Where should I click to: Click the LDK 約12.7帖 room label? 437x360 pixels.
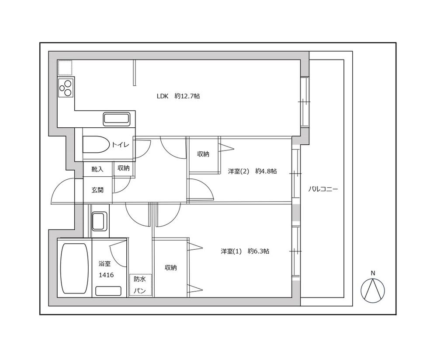click(178, 96)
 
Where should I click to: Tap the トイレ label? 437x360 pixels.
click(120, 145)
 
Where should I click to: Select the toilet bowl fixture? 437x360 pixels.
click(95, 145)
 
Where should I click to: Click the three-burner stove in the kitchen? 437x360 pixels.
click(66, 87)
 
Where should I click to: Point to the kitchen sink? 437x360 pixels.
click(116, 118)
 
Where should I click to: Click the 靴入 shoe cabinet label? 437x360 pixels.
click(97, 169)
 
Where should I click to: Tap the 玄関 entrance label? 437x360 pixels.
click(97, 190)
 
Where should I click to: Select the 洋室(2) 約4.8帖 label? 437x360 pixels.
click(252, 171)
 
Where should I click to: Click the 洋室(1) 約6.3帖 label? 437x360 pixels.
click(245, 252)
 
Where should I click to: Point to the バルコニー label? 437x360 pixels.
click(323, 190)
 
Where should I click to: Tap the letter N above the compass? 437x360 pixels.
click(373, 273)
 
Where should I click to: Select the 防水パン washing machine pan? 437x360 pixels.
click(140, 285)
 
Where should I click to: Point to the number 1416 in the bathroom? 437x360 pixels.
click(106, 275)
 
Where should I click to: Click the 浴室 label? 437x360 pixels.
click(105, 264)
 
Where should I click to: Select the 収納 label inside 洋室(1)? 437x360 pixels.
click(171, 268)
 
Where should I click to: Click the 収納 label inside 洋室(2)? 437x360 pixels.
click(203, 154)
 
